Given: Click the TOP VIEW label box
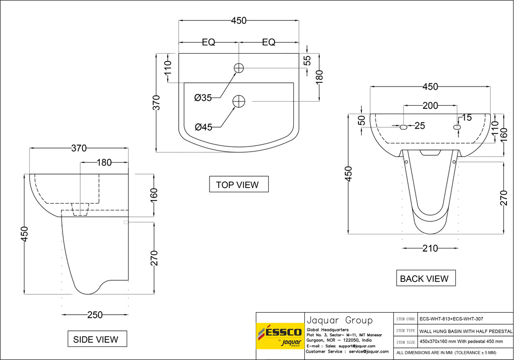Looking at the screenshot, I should (237, 184).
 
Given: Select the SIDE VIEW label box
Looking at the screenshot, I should (95, 339).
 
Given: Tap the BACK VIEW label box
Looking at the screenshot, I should (424, 279).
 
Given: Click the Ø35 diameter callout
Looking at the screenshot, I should (203, 97).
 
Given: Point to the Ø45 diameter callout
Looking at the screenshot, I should (203, 127).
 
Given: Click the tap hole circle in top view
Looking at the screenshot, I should (239, 68).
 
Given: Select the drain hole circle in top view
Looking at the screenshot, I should (239, 101).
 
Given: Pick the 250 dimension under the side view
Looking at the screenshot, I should (95, 315).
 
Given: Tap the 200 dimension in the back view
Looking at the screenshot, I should (430, 106).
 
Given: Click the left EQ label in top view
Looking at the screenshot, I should (208, 43).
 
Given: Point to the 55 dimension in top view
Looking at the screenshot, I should (307, 60).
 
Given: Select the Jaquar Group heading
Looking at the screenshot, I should (339, 320).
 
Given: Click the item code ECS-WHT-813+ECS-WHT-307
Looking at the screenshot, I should (455, 319).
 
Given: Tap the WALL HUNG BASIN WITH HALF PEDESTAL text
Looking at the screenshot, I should (466, 330).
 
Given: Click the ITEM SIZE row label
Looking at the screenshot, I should (406, 342).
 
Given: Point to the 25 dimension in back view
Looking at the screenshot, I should (420, 126).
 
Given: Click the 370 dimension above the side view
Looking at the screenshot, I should (79, 148).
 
